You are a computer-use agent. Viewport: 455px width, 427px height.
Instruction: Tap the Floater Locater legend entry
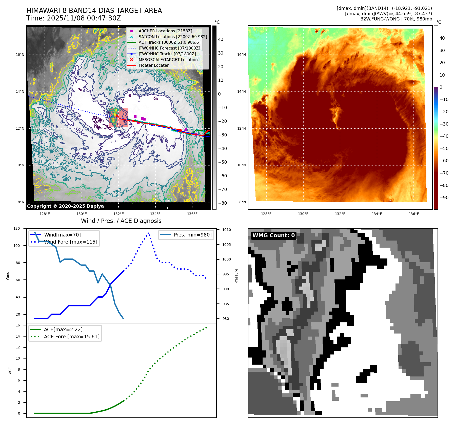(x=153, y=65)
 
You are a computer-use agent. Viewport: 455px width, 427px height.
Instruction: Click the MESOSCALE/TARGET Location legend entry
(x=168, y=60)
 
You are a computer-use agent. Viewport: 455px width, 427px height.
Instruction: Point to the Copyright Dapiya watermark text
(x=65, y=206)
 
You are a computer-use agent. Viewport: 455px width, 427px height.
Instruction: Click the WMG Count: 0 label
(x=273, y=235)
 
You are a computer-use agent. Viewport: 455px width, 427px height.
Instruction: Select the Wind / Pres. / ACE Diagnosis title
(x=121, y=221)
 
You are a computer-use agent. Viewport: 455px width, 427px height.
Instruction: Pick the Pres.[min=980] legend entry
(x=192, y=235)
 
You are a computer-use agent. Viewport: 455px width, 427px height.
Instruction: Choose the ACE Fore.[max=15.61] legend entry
(x=72, y=337)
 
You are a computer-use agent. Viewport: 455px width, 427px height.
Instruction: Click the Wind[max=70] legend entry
(x=62, y=235)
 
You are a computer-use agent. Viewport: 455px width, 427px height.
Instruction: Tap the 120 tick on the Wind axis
(x=17, y=228)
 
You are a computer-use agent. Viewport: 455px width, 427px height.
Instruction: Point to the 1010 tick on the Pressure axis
(x=226, y=230)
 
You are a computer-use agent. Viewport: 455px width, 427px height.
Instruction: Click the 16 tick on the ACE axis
(x=18, y=325)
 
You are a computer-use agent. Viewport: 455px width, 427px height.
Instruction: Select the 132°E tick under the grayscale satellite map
(x=118, y=214)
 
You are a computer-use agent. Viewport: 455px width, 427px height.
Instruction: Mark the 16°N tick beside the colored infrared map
(x=241, y=55)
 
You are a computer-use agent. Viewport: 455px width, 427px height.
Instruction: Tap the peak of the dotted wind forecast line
(x=148, y=232)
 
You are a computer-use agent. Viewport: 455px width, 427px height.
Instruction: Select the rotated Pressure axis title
(x=236, y=276)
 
